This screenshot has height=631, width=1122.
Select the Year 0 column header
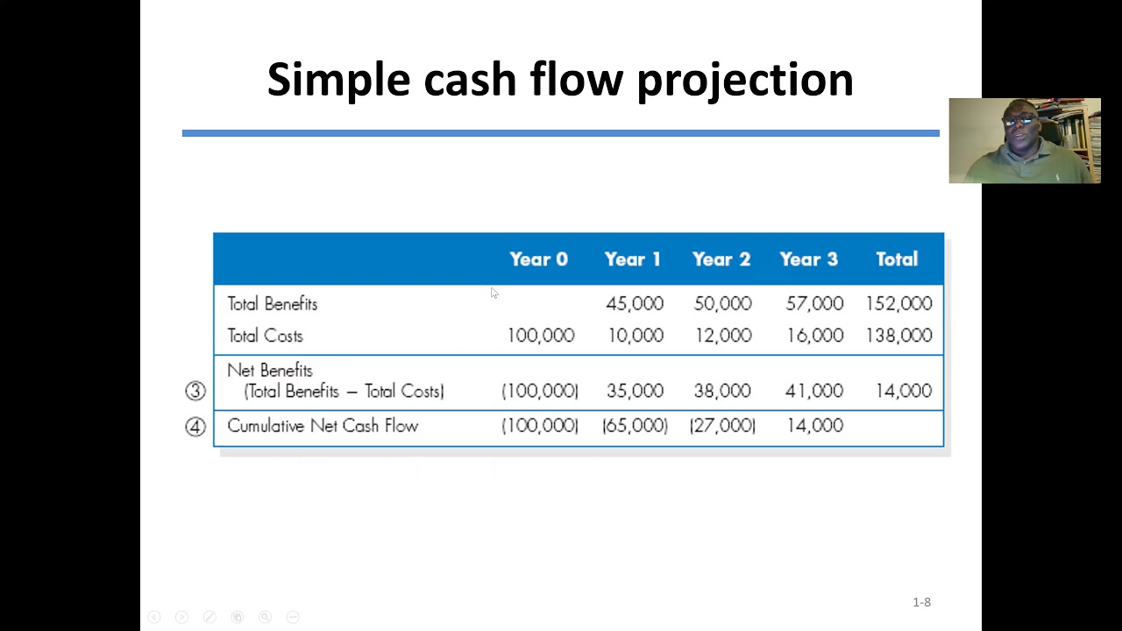pyautogui.click(x=538, y=259)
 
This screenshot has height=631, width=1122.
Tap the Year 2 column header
pyautogui.click(x=721, y=259)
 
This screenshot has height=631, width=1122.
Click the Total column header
pyautogui.click(x=896, y=259)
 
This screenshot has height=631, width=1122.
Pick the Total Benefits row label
pyautogui.click(x=272, y=304)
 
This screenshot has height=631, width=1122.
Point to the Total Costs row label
pyautogui.click(x=265, y=336)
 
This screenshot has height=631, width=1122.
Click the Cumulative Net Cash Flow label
pyautogui.click(x=323, y=426)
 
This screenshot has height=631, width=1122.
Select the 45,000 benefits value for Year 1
pyautogui.click(x=634, y=304)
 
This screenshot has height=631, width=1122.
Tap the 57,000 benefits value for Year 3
pyautogui.click(x=814, y=304)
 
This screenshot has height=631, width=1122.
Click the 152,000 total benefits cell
pyautogui.click(x=898, y=304)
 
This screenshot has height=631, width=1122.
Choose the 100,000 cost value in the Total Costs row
pyautogui.click(x=540, y=336)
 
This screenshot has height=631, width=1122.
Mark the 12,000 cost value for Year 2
pyautogui.click(x=722, y=336)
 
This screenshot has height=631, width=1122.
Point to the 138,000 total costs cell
pyautogui.click(x=898, y=336)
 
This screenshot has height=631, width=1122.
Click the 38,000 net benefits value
pyautogui.click(x=722, y=391)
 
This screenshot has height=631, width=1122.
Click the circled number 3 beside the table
pyautogui.click(x=195, y=391)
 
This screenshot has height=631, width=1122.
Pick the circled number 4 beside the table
pyautogui.click(x=195, y=427)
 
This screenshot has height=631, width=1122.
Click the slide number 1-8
pyautogui.click(x=921, y=602)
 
